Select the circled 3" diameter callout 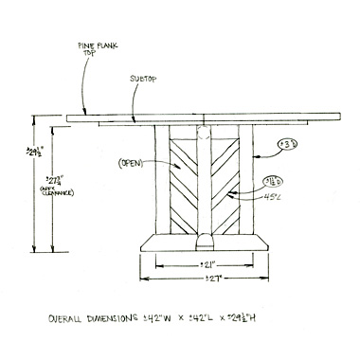287,145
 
